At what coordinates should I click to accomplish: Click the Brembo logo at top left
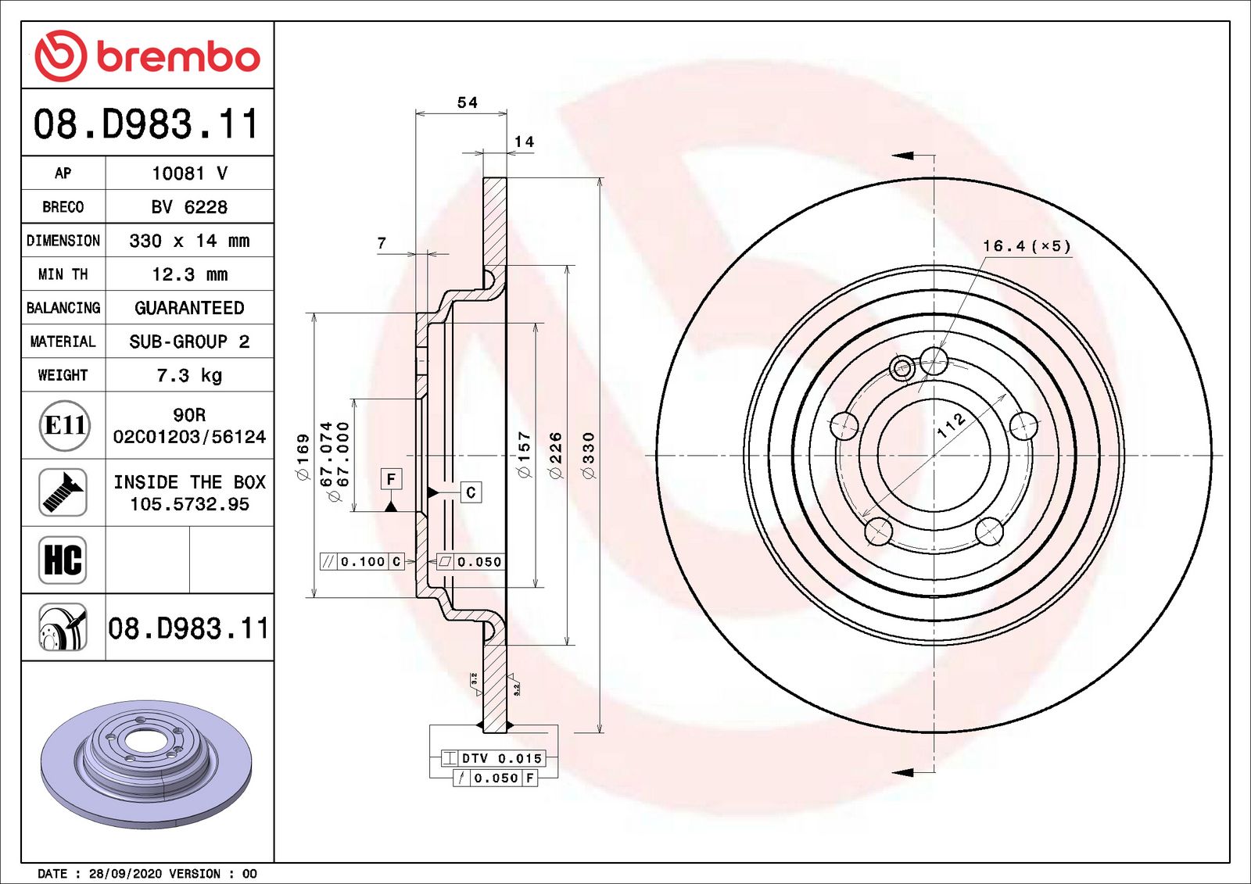(x=148, y=56)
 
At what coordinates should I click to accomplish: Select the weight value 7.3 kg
(x=189, y=375)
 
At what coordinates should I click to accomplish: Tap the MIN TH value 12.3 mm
(x=190, y=274)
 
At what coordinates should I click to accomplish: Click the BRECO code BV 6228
(x=189, y=207)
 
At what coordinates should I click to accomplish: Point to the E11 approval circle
(x=66, y=425)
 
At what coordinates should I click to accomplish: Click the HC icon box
(x=63, y=560)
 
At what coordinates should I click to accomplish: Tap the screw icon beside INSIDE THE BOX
(x=63, y=492)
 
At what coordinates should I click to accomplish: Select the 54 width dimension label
(x=468, y=102)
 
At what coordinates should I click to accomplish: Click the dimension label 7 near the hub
(x=382, y=243)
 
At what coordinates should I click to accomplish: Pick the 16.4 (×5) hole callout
(x=1027, y=245)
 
